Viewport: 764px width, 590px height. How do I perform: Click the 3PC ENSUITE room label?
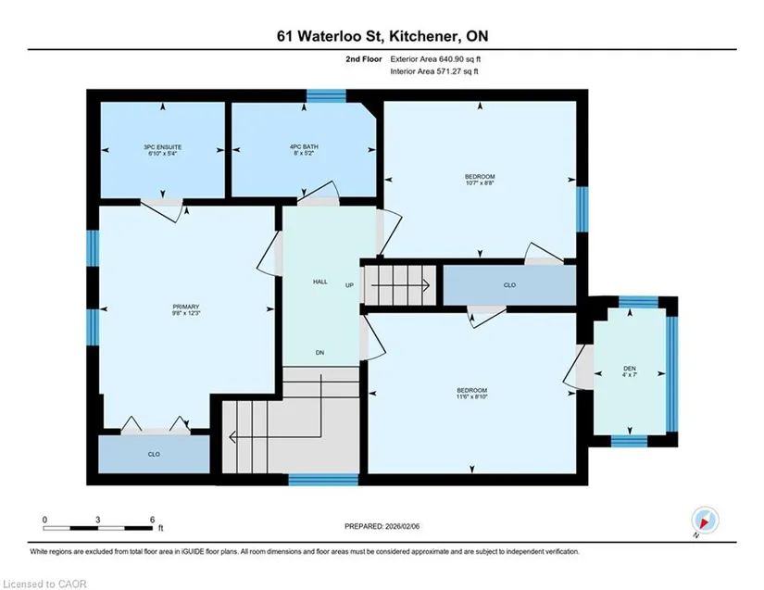162,146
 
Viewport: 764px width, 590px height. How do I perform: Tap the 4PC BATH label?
304,146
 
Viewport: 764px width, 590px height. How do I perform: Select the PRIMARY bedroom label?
186,307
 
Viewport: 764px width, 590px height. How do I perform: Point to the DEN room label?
629,369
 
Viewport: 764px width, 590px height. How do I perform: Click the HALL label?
320,282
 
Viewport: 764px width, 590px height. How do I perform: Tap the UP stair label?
349,285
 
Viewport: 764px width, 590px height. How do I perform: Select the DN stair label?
319,352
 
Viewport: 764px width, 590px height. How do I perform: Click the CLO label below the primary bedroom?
154,454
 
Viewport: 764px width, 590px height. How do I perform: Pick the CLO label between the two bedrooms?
509,285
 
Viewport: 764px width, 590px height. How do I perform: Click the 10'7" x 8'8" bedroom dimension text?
480,183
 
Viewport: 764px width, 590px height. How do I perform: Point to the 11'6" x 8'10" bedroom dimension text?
472,396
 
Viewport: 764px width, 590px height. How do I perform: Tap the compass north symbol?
705,521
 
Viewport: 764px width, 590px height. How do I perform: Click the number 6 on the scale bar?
153,520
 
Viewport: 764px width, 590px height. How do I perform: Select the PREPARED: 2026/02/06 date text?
382,526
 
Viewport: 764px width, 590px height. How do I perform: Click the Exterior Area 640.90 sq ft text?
435,59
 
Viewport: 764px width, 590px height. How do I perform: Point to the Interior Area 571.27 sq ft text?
434,71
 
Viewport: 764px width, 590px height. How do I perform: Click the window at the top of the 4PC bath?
326,96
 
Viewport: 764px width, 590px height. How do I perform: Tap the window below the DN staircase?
323,480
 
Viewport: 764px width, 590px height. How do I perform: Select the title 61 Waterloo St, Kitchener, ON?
382,36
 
